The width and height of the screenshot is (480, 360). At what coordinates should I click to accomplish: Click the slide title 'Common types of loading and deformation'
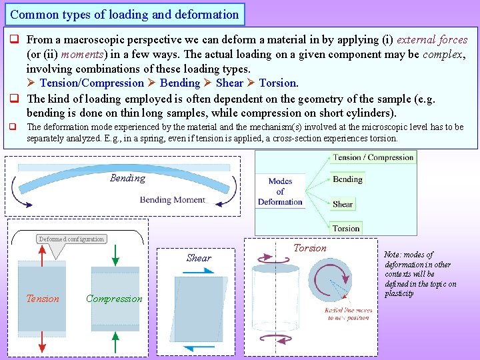tap(125, 14)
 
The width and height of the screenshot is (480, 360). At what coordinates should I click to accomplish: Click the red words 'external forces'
tap(432, 39)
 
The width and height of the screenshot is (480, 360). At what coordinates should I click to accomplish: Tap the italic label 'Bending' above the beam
tap(127, 178)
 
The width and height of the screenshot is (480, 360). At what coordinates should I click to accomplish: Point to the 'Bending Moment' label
tap(173, 199)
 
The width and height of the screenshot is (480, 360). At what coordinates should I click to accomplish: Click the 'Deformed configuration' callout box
tap(71, 239)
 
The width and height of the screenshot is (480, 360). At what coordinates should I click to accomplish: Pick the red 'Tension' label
tap(42, 299)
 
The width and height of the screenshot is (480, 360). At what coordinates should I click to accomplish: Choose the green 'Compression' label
tap(114, 299)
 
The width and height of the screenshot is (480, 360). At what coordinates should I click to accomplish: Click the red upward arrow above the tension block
tap(42, 255)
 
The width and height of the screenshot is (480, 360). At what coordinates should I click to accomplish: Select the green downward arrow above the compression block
tap(115, 255)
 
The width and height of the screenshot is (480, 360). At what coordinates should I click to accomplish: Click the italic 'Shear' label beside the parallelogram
tap(199, 258)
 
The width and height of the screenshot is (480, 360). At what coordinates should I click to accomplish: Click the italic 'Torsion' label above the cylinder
tap(310, 248)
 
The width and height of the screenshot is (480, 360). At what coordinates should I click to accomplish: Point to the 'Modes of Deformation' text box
tap(280, 191)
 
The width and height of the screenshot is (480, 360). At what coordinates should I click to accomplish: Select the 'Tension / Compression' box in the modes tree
tap(373, 157)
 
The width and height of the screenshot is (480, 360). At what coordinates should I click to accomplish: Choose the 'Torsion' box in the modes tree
tap(346, 228)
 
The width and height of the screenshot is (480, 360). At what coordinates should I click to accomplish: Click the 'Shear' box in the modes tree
tap(343, 204)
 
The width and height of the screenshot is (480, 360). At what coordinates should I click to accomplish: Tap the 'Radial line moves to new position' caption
tap(348, 314)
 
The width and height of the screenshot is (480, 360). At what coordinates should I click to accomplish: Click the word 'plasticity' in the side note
tap(399, 293)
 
